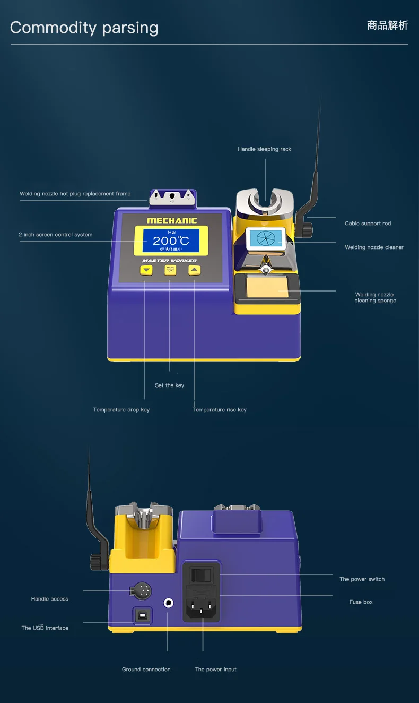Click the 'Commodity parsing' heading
(x=84, y=28)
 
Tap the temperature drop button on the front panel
(x=146, y=270)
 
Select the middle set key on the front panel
(x=170, y=270)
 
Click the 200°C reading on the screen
(x=170, y=241)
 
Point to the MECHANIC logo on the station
(x=171, y=220)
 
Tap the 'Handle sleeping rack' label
(x=264, y=149)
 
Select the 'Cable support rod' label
(x=368, y=224)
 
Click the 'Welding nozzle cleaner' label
(x=374, y=247)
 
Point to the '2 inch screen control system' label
(x=55, y=235)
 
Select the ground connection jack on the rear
(x=169, y=603)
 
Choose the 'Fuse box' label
(x=361, y=602)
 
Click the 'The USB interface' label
(x=45, y=628)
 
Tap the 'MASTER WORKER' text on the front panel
(x=169, y=261)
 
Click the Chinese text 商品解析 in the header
(x=387, y=25)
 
